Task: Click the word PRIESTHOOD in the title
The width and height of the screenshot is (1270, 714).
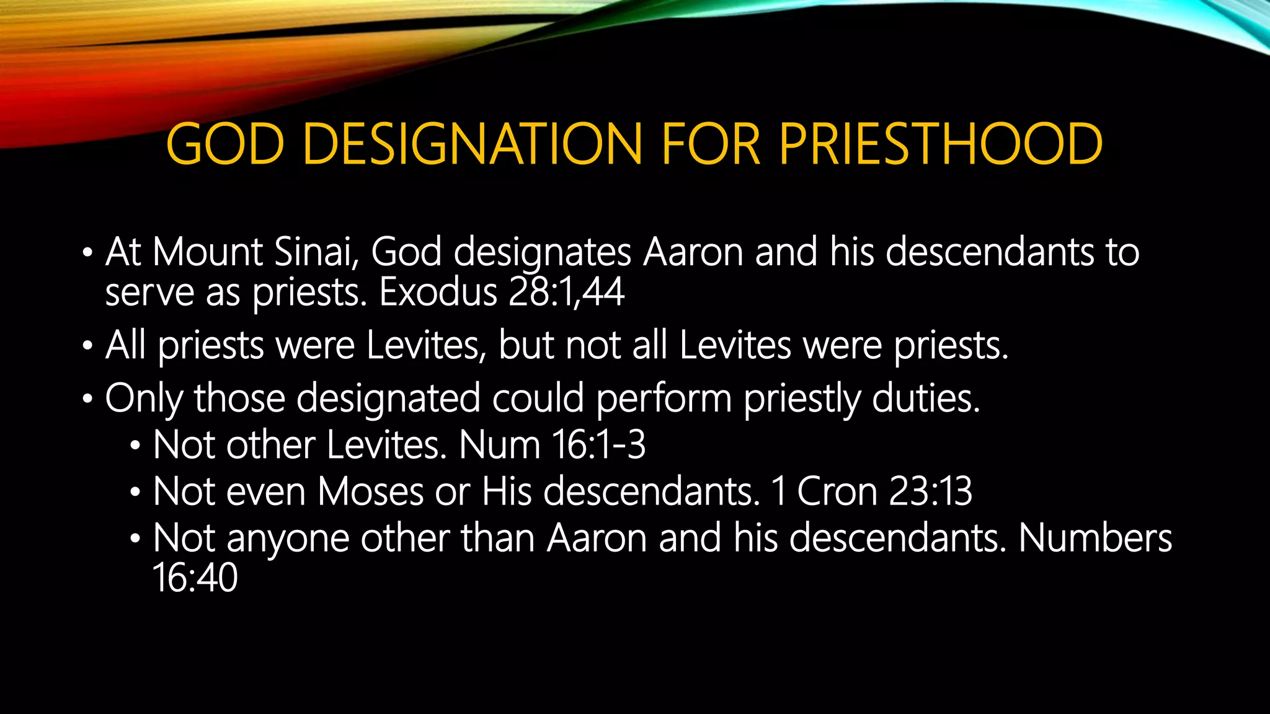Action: click(940, 144)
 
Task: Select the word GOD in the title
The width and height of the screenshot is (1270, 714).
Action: click(225, 144)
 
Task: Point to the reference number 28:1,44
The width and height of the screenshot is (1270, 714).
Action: click(566, 292)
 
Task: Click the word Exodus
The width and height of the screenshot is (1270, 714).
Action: click(438, 292)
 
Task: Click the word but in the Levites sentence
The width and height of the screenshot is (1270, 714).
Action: click(526, 345)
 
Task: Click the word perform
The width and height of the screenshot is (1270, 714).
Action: click(664, 398)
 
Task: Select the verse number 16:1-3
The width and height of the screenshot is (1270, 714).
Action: click(598, 445)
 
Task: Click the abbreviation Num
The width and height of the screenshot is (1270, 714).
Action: click(500, 445)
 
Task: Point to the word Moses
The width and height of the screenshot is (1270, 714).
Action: click(371, 491)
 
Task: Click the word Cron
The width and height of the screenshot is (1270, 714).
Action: click(837, 491)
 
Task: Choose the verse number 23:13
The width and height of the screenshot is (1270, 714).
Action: click(930, 491)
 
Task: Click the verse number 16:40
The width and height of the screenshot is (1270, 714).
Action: click(195, 578)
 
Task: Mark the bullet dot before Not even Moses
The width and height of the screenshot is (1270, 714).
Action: click(135, 493)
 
